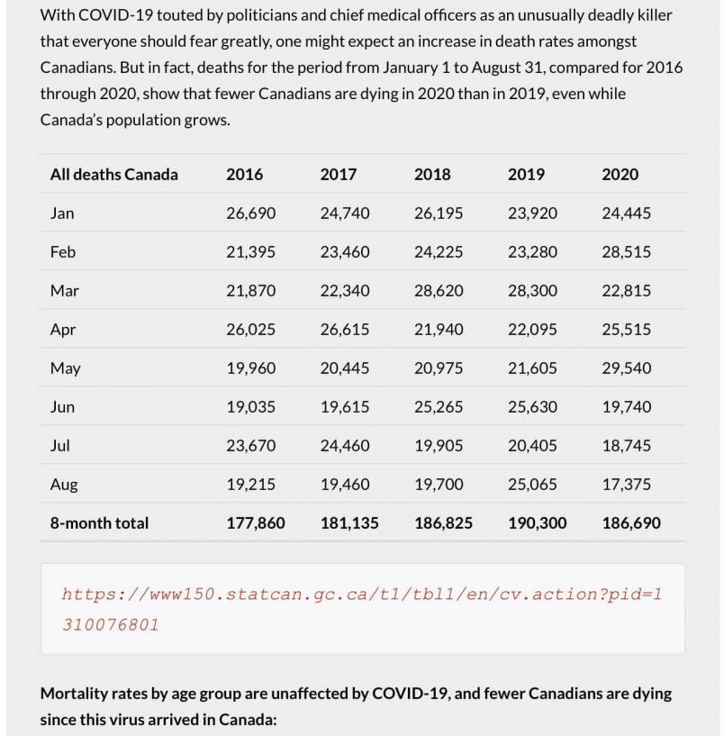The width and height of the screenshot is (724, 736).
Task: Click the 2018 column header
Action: [x=432, y=175]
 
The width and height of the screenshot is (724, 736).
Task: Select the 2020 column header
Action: [x=620, y=175]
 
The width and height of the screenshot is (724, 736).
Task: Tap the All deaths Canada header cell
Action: [x=114, y=175]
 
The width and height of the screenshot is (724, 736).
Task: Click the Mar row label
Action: [x=64, y=291]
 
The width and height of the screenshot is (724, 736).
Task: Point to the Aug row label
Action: [x=64, y=485]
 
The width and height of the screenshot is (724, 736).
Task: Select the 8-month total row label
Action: [x=99, y=523]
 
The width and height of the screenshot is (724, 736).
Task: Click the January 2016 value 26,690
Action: [x=250, y=214]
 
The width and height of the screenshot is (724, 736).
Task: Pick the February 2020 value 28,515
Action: [x=626, y=252]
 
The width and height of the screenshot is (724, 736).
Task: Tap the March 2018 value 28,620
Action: [x=439, y=291]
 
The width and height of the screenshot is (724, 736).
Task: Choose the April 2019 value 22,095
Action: [x=532, y=330]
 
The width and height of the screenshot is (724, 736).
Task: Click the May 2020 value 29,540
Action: [x=626, y=368]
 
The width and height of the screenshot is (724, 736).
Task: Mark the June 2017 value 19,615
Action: [x=345, y=407]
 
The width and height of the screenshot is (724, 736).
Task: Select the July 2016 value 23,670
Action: [x=250, y=446]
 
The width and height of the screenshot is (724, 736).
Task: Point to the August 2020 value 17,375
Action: [x=626, y=485]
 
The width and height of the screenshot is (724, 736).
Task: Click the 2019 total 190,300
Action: [x=538, y=523]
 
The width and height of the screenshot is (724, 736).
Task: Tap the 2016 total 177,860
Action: [x=256, y=523]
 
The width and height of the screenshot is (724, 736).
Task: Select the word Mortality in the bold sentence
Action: [x=77, y=694]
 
